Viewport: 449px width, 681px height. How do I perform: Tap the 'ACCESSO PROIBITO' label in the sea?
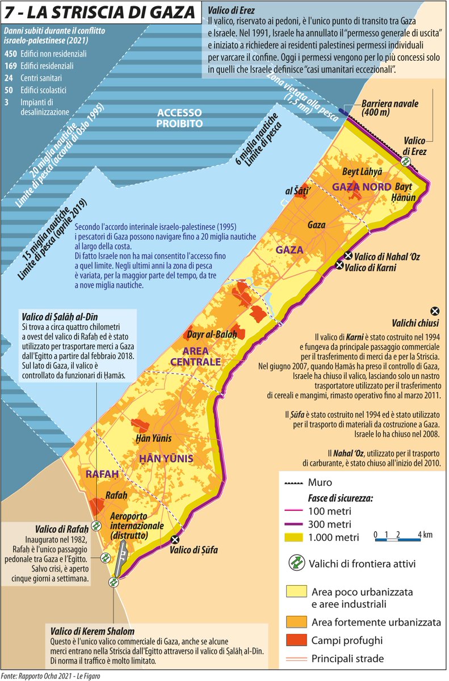point(180,117)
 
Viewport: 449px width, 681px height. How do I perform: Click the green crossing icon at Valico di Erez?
point(405,161)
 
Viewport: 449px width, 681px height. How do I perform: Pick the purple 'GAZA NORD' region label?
point(362,187)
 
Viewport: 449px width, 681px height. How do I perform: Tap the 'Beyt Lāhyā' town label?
point(362,171)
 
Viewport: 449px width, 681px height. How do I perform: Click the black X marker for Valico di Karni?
point(339,266)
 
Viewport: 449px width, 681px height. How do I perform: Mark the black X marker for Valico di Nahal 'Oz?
point(348,256)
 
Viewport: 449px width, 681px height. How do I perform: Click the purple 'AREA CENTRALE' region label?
point(194,356)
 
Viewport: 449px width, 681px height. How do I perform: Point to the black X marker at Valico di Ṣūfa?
point(175,539)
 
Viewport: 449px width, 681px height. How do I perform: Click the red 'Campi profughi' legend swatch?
point(295,640)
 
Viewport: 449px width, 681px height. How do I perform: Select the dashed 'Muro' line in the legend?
point(292,483)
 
